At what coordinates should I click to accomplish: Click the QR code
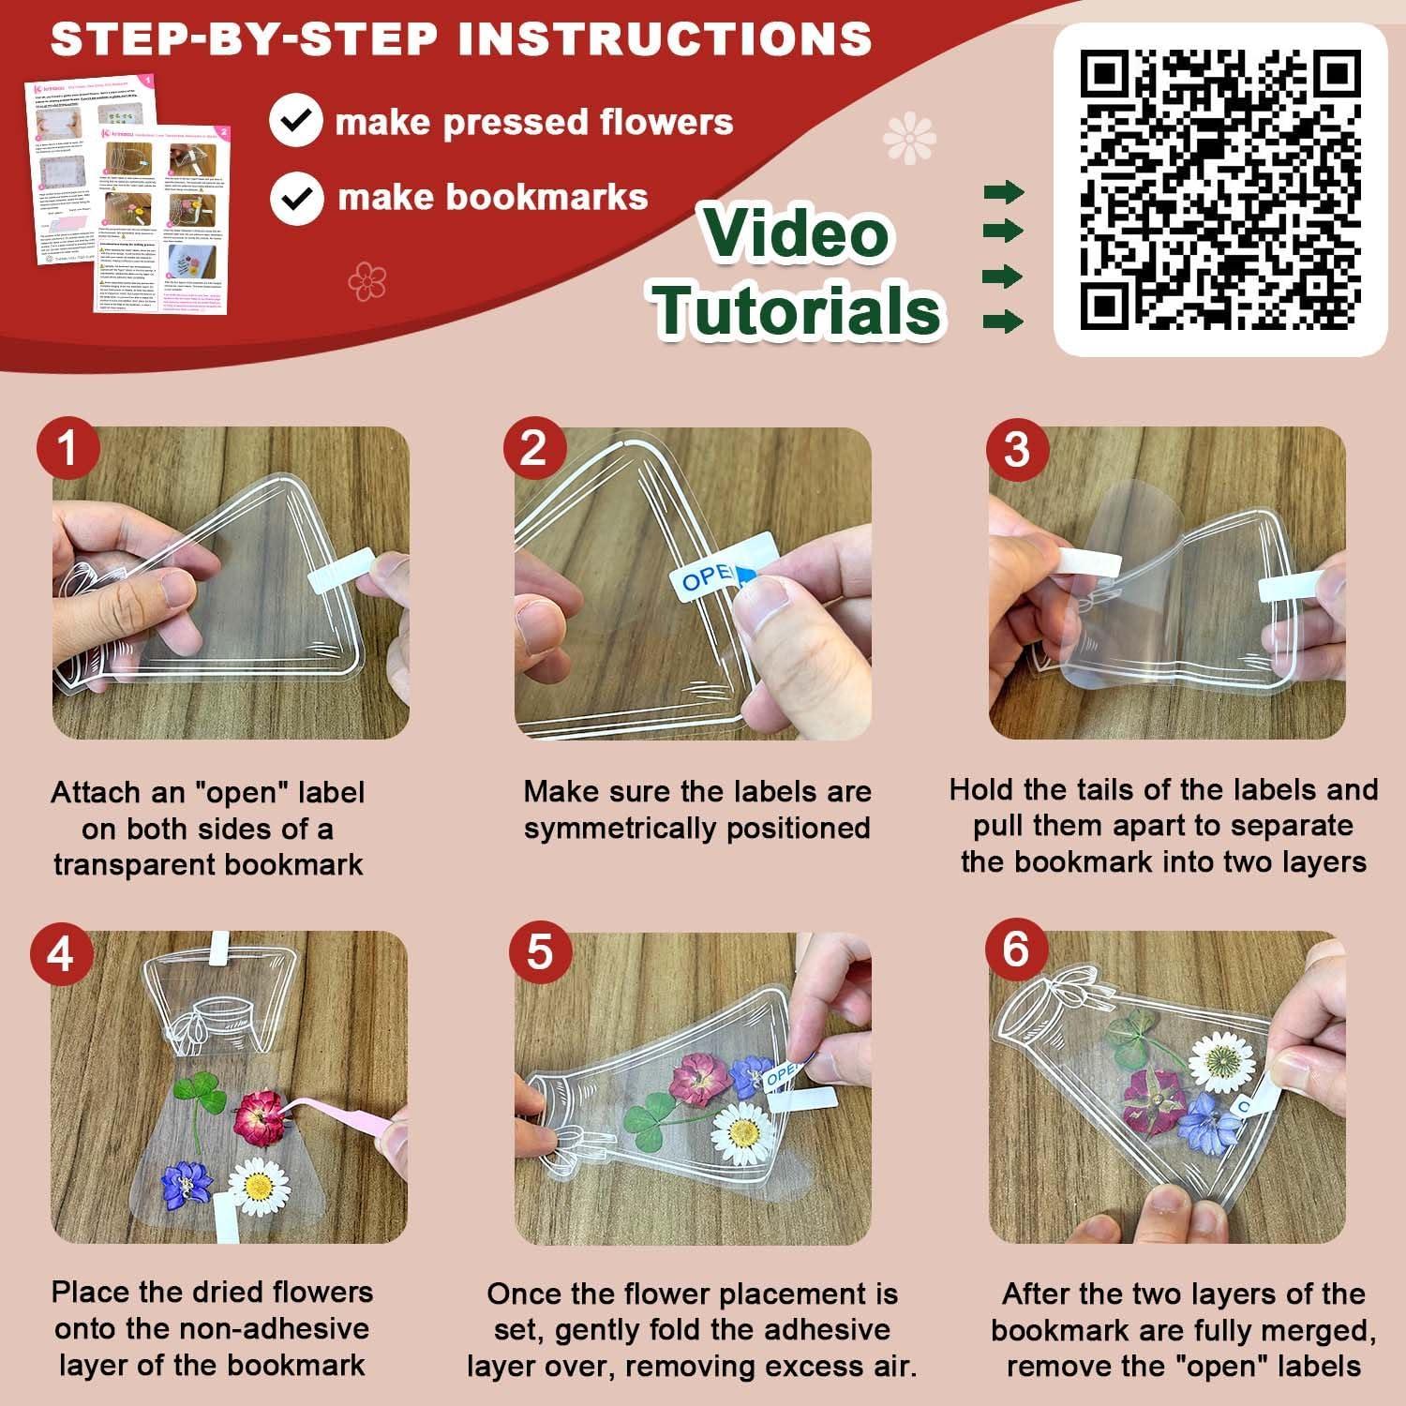pyautogui.click(x=1219, y=190)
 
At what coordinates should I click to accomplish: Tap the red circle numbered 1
pyautogui.click(x=67, y=449)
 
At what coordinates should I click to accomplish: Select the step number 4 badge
pyautogui.click(x=60, y=954)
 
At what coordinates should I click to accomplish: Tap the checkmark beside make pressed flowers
pyautogui.click(x=296, y=122)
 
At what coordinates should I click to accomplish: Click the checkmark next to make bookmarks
pyautogui.click(x=297, y=198)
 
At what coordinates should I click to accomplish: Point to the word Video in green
pyautogui.click(x=796, y=233)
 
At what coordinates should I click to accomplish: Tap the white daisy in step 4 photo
pyautogui.click(x=256, y=1185)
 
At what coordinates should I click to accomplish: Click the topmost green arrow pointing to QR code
pyautogui.click(x=1003, y=194)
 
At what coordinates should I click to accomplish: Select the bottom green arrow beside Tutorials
pyautogui.click(x=1003, y=322)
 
